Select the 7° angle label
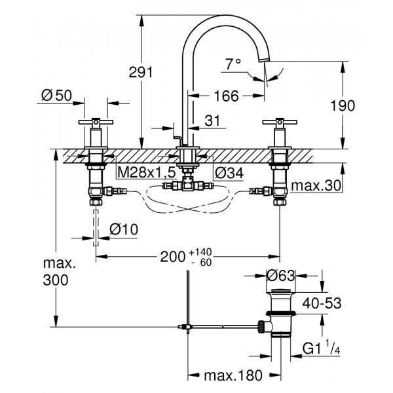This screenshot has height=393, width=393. click(x=233, y=64)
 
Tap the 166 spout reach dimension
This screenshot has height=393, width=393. click(x=226, y=96)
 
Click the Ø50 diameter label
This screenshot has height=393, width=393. click(x=56, y=96)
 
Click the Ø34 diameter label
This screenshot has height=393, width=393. click(x=228, y=172)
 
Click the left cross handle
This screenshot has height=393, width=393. click(x=94, y=122)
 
